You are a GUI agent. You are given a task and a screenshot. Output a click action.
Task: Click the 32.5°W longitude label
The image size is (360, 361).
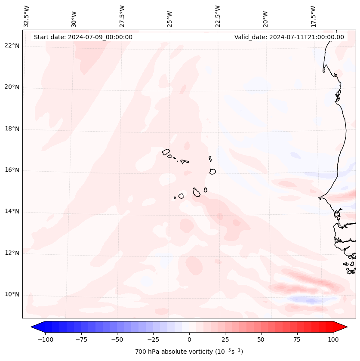click(x=27, y=16)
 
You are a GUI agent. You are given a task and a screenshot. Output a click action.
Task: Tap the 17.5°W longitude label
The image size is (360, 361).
click(x=313, y=16)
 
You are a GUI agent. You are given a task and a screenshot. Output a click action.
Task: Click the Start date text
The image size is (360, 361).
click(x=83, y=37)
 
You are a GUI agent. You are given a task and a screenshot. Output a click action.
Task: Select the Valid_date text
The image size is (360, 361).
click(x=289, y=37)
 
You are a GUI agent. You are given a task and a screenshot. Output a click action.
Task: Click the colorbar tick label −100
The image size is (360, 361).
click(x=44, y=339)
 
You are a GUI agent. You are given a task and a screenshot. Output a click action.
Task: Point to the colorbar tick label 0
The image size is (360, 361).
click(x=189, y=339)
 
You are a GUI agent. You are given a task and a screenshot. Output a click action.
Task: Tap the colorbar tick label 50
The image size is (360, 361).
click(x=261, y=339)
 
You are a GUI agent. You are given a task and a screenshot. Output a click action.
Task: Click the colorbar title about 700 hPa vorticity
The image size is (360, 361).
click(x=189, y=352)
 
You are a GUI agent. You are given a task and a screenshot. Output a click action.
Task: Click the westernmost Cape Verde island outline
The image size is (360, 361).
click(x=166, y=152)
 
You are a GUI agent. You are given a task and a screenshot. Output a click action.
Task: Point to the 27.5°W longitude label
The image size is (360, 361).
click(x=122, y=16)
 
